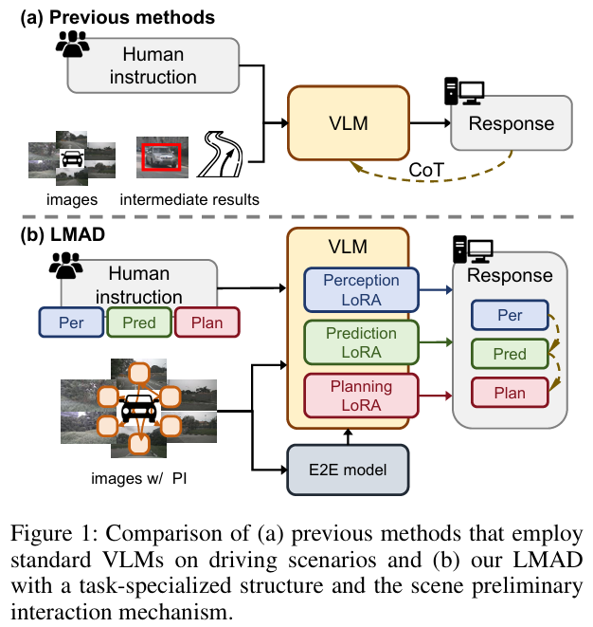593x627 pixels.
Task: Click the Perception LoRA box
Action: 349,290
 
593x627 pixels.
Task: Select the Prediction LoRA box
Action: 349,343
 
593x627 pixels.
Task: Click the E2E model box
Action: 349,468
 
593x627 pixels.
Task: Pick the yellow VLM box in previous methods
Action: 348,123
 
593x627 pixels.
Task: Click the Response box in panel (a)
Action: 511,124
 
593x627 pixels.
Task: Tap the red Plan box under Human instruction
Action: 207,323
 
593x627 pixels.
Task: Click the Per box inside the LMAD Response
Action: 510,315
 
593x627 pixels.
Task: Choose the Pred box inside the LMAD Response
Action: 510,354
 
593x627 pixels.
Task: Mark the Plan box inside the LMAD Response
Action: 510,393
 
